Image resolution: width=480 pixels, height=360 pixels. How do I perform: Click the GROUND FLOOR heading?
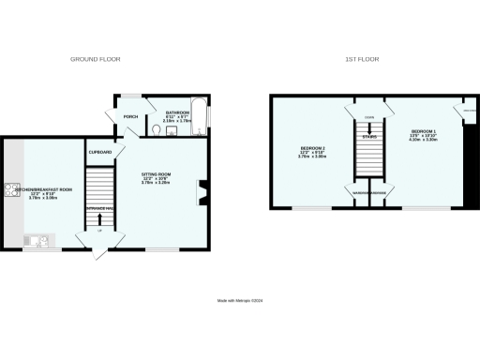tap(96, 59)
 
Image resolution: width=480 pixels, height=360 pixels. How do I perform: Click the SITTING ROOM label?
tap(156, 174)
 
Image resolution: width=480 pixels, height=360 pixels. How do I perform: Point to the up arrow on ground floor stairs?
tap(99, 221)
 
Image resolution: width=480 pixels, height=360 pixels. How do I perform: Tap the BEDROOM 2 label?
tap(312, 148)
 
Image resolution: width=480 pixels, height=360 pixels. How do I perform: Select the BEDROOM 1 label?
tap(422, 130)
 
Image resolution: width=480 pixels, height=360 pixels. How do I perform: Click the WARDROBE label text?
tap(355, 194)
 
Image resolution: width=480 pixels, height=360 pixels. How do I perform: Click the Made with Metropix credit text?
tap(239, 300)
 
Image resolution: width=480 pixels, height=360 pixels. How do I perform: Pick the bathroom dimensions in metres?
tap(176, 121)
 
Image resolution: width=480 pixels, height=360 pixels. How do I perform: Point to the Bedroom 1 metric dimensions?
tap(422, 142)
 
